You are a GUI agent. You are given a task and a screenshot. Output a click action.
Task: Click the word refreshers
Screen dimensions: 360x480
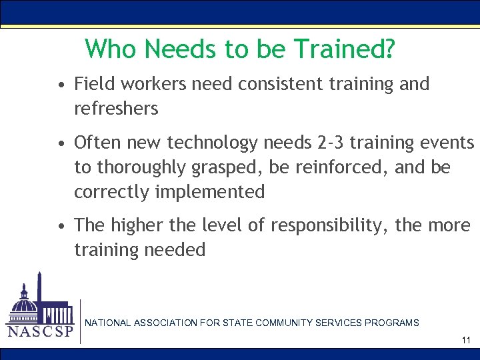pos(116,108)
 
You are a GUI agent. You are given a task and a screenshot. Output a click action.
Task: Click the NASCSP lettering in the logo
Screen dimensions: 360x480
pos(40,331)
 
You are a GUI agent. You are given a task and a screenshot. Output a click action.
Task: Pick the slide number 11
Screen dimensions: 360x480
pos(465,341)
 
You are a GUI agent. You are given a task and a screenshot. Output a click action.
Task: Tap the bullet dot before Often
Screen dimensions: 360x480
pos(61,144)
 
